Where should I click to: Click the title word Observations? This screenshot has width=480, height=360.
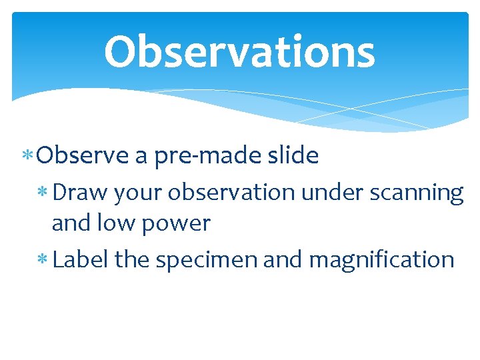(x=239, y=52)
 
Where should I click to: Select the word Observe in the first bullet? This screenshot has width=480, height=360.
(x=83, y=156)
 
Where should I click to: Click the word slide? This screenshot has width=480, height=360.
(x=292, y=156)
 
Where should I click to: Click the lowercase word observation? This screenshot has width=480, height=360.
(x=231, y=192)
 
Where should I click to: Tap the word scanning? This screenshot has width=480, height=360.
(x=415, y=193)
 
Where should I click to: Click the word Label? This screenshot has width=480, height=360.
(x=81, y=259)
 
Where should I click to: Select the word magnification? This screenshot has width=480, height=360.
(x=381, y=259)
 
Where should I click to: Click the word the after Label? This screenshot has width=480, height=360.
(x=133, y=259)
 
